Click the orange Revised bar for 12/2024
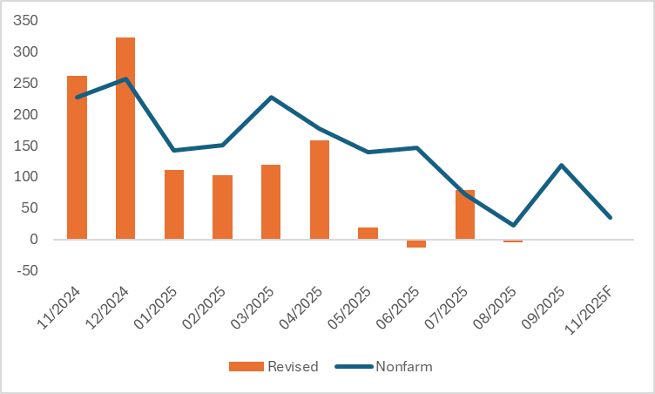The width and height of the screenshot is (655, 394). pyautogui.click(x=125, y=138)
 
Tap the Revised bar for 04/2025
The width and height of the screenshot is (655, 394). pyautogui.click(x=320, y=189)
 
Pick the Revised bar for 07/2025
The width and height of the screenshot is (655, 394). pyautogui.click(x=464, y=214)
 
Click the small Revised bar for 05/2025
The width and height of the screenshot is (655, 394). pyautogui.click(x=368, y=233)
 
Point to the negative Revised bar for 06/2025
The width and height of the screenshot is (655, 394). pyautogui.click(x=416, y=243)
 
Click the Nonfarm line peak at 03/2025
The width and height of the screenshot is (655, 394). pyautogui.click(x=271, y=98)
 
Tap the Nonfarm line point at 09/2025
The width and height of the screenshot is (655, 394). pyautogui.click(x=562, y=165)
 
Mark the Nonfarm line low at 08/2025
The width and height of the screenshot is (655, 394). pyautogui.click(x=513, y=225)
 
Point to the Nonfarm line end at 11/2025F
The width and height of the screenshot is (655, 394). pyautogui.click(x=610, y=217)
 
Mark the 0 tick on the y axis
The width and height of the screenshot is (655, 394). pyautogui.click(x=36, y=239)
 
